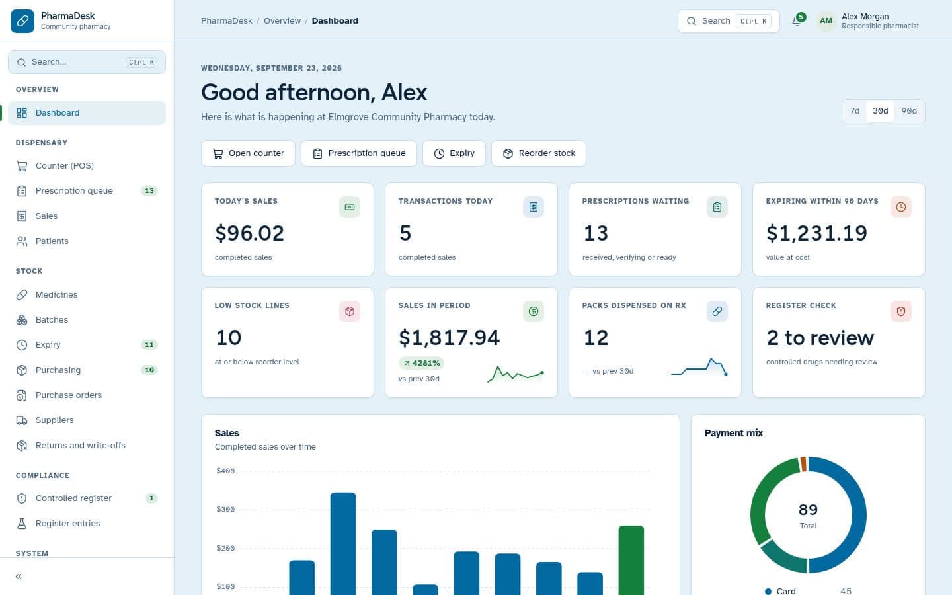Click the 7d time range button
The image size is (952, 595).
855,111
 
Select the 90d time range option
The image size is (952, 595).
909,111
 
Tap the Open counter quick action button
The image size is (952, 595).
248,153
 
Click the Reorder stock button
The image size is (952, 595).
538,153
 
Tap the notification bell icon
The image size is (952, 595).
797,21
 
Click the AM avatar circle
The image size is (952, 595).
826,21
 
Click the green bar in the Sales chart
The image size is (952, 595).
631,560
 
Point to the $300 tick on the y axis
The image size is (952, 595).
225,509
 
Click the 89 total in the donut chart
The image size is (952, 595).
808,510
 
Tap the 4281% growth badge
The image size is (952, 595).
422,363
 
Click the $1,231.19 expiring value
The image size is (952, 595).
816,233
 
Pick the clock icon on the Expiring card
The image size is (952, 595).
901,207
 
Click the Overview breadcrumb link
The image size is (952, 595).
282,21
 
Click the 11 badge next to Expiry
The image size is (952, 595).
149,344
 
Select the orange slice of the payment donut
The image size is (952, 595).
803,464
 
